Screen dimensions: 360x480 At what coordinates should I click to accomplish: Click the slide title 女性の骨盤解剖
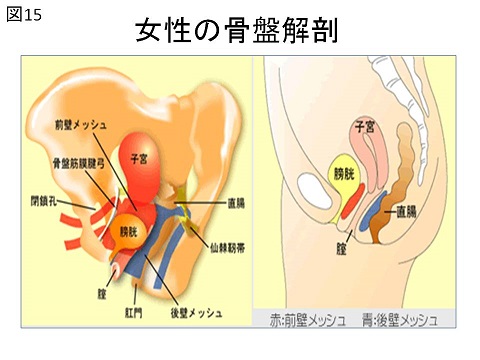click(238, 31)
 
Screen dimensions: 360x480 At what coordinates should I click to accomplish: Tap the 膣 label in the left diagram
click(102, 294)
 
